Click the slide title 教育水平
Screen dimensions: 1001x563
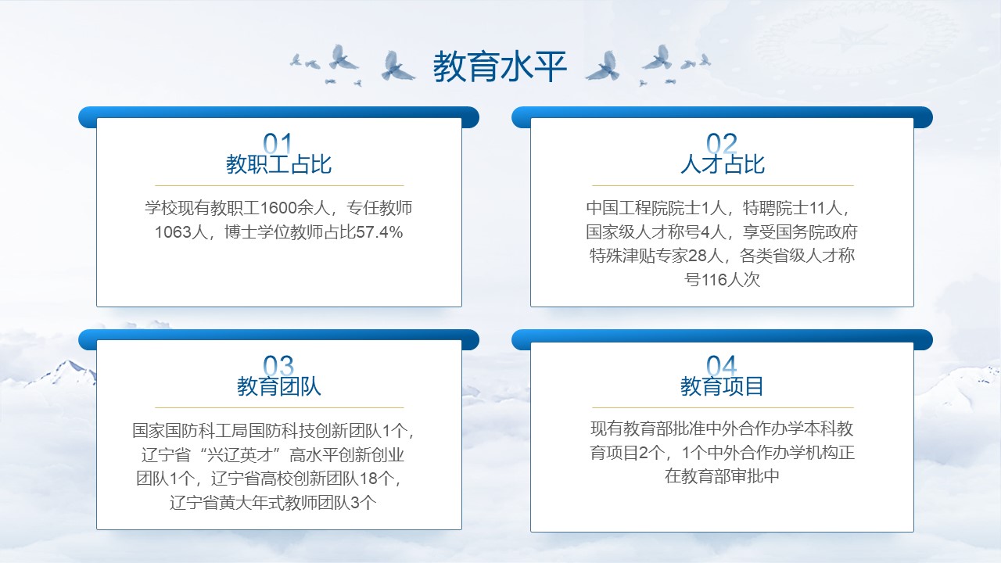(500, 66)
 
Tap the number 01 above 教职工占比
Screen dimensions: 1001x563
(278, 143)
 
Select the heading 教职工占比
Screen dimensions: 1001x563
(278, 164)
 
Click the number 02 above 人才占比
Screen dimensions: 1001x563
(722, 143)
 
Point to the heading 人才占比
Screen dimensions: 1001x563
(723, 164)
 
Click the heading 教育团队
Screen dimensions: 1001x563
(279, 386)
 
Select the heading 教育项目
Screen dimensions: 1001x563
(722, 386)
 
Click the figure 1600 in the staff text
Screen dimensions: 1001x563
(279, 208)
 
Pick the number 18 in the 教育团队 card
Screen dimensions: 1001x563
(368, 479)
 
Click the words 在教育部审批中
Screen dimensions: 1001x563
(722, 476)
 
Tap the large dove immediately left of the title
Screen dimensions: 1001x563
(396, 66)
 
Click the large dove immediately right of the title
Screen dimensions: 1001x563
(603, 66)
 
